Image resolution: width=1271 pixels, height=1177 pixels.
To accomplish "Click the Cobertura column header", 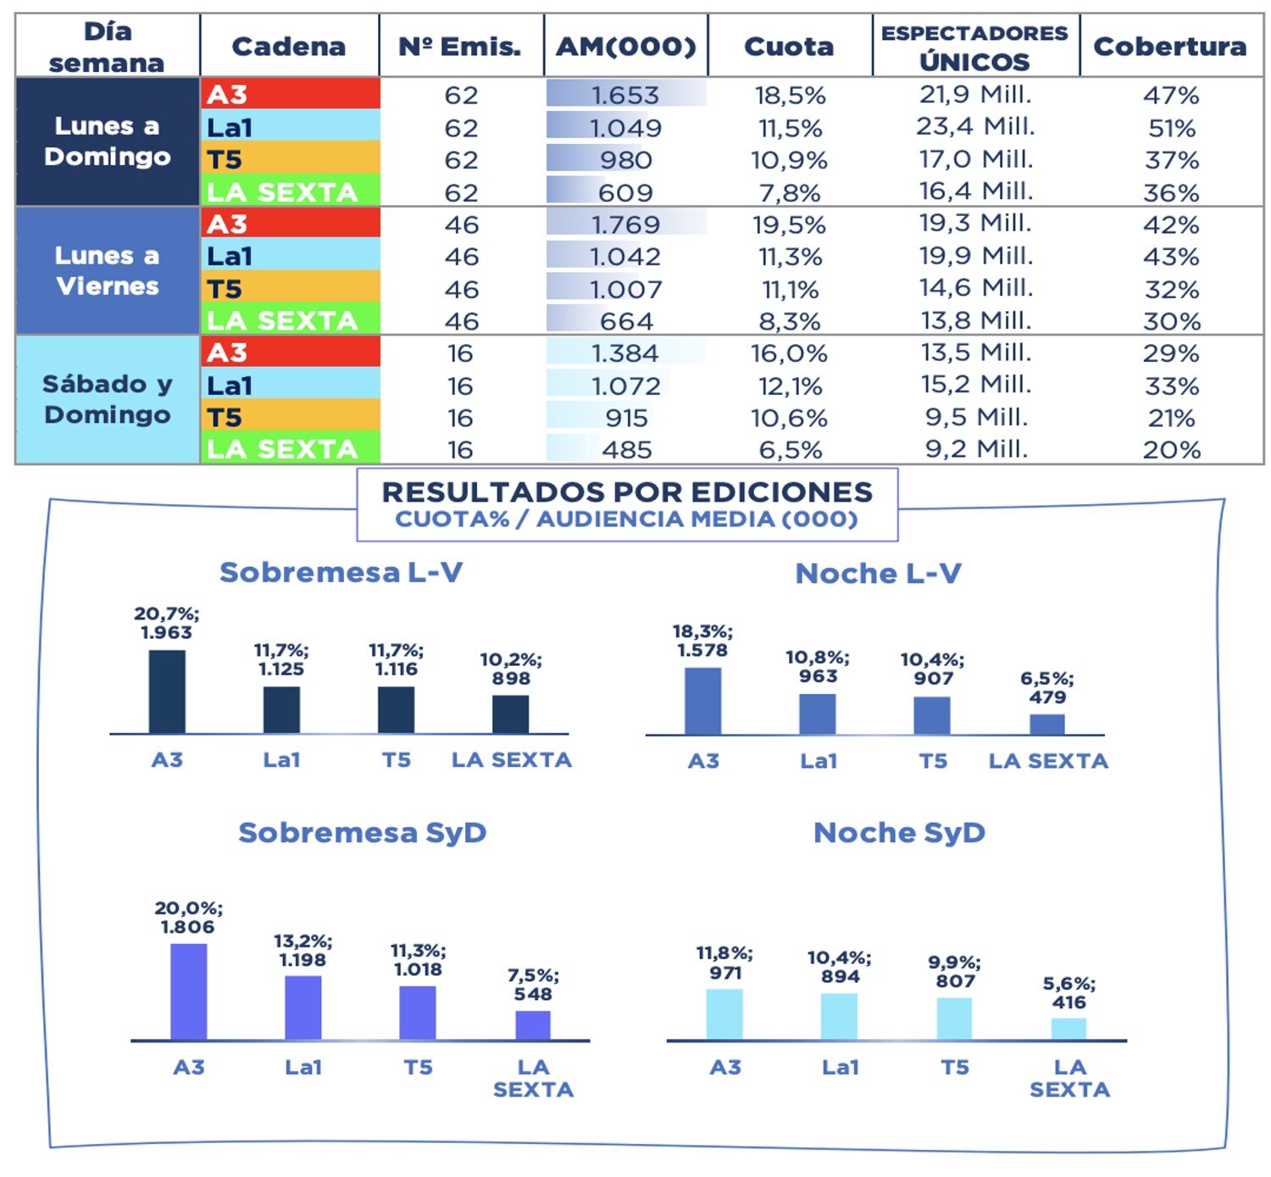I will (1169, 46).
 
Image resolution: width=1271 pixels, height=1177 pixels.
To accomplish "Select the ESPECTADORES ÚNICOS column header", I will (974, 47).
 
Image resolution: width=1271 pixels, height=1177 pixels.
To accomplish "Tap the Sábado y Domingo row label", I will (108, 399).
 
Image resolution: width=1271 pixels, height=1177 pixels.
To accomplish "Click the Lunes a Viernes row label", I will (108, 270).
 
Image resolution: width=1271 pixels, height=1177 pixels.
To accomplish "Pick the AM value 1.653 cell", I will (625, 95).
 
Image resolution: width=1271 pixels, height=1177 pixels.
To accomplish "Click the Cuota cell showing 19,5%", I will (789, 225).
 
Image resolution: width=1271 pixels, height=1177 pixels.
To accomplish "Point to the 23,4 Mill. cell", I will (975, 127).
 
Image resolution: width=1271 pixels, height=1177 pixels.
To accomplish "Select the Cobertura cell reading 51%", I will (1171, 128).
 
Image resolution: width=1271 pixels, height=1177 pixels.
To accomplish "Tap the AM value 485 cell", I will (626, 449).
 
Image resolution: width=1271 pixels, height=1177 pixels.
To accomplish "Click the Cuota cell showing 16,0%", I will (789, 353).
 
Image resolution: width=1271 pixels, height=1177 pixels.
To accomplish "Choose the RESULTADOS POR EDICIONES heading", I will (627, 492).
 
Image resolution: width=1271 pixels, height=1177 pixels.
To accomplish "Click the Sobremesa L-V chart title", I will (341, 573).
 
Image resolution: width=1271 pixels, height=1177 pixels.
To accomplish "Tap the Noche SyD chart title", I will (899, 832).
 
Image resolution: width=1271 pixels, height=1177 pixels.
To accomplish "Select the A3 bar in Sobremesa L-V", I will (167, 691).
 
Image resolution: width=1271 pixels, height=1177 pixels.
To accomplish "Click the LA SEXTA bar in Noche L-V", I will (1047, 725).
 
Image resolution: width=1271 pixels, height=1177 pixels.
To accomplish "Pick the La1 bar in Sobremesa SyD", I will (303, 1008).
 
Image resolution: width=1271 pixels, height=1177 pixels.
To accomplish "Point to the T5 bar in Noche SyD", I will (954, 1019).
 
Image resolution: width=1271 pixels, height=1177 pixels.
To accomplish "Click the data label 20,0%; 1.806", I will (188, 918).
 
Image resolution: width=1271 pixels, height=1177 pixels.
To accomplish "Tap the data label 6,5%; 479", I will (1047, 688).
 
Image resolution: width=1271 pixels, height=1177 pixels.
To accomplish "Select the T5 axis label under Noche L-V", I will (933, 761).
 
